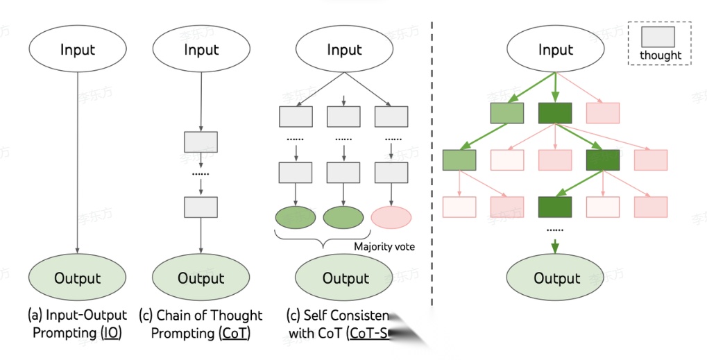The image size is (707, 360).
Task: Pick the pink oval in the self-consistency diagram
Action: click(x=392, y=216)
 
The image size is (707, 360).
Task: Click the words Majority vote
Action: click(x=384, y=246)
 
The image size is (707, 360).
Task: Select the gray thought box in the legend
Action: click(x=659, y=37)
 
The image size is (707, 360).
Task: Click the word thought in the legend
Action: click(x=661, y=55)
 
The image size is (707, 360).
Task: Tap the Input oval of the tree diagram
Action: click(x=556, y=51)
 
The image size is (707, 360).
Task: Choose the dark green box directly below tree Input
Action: click(x=555, y=113)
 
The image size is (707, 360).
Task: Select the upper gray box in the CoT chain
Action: click(x=201, y=142)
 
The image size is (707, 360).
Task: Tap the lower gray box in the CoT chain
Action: click(x=201, y=207)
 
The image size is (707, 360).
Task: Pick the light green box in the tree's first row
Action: click(x=507, y=113)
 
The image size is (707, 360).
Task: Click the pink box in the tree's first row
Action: click(x=603, y=113)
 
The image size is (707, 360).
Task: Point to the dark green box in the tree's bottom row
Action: click(x=555, y=207)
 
